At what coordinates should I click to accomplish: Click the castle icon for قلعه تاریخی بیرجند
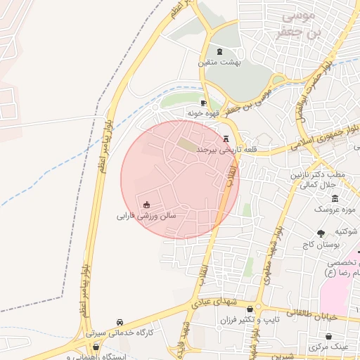click(226, 139)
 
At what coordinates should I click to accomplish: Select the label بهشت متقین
click(220, 63)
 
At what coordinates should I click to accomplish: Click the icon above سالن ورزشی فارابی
click(146, 205)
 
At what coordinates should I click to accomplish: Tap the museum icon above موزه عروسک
click(335, 198)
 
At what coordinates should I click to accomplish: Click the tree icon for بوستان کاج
click(321, 233)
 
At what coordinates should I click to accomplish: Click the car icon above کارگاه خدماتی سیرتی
click(121, 321)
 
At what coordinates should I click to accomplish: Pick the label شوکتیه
click(348, 231)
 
